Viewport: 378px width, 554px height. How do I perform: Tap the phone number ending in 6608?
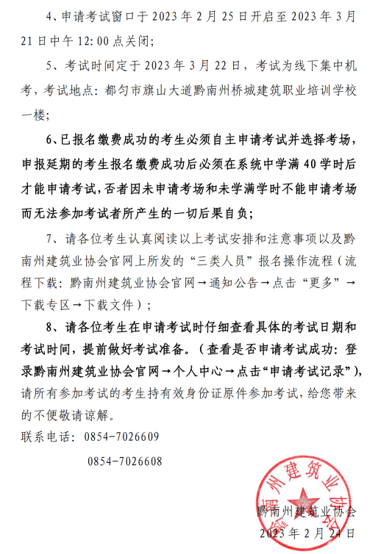(124, 462)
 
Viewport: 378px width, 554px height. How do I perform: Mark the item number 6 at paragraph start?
(50, 140)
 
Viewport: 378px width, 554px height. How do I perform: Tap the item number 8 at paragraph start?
(50, 327)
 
